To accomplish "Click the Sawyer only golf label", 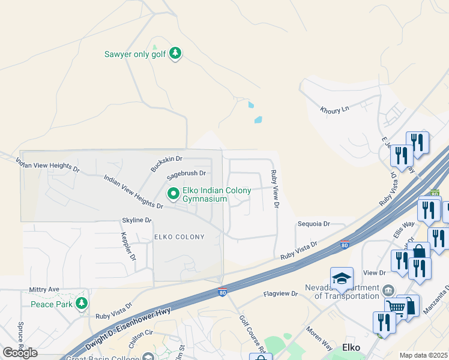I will [x=136, y=54].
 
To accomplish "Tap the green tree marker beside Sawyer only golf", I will [x=175, y=54].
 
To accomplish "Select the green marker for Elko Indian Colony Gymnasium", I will [x=173, y=193].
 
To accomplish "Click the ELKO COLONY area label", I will [x=179, y=237].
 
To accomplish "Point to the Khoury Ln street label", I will [x=334, y=110].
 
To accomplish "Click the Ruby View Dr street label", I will [x=274, y=189].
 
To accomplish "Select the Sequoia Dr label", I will [x=313, y=224].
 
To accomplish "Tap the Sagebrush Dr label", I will [x=186, y=173].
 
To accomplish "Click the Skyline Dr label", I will [x=137, y=220].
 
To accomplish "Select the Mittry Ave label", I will [x=44, y=289].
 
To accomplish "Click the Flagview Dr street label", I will [x=281, y=294].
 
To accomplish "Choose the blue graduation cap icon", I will [x=342, y=278].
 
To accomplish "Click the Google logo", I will [x=20, y=352].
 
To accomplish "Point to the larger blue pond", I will [x=258, y=119].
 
